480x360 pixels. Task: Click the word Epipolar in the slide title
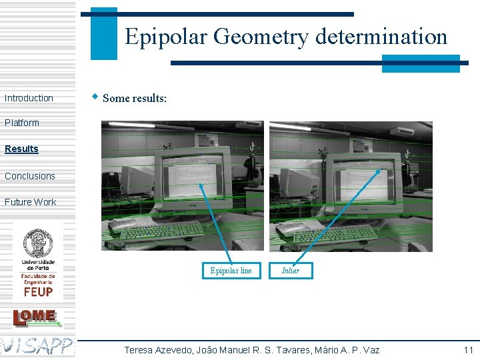[167, 36]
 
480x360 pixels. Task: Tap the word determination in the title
[381, 36]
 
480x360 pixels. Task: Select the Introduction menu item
[29, 98]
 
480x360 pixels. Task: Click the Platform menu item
[22, 123]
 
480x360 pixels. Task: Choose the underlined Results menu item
[21, 149]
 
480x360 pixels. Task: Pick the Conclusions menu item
[30, 176]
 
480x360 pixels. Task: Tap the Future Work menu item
[31, 202]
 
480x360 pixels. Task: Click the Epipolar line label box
[231, 270]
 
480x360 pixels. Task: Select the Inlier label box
[291, 270]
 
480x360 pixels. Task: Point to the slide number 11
[468, 350]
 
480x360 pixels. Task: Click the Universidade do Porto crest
[38, 243]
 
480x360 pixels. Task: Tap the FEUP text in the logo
[38, 291]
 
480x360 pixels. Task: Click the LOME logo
[37, 317]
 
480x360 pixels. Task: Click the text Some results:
[135, 98]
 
